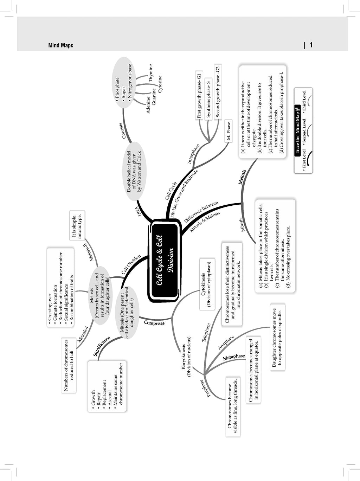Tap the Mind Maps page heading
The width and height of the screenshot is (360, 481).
[61, 45]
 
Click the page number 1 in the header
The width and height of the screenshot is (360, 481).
[311, 45]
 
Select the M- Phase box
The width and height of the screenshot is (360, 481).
[229, 131]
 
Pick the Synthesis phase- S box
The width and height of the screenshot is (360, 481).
[208, 99]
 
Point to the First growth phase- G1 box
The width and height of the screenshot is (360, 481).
[199, 95]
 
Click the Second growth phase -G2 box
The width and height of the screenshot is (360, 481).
[218, 91]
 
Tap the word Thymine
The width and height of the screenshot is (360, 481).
[151, 73]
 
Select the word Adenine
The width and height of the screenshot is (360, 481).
[148, 105]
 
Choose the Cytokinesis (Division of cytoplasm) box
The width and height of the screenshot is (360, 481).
[207, 284]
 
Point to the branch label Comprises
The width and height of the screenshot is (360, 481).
[154, 323]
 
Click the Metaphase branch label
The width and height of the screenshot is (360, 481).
[234, 357]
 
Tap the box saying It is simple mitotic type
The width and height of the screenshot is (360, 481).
[77, 225]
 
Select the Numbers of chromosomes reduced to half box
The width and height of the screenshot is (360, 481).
[69, 365]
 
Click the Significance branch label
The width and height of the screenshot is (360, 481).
[102, 346]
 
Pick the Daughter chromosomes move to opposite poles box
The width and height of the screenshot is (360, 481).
[278, 337]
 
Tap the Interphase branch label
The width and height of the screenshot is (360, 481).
[193, 154]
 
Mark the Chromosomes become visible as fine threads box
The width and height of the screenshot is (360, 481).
[233, 406]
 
